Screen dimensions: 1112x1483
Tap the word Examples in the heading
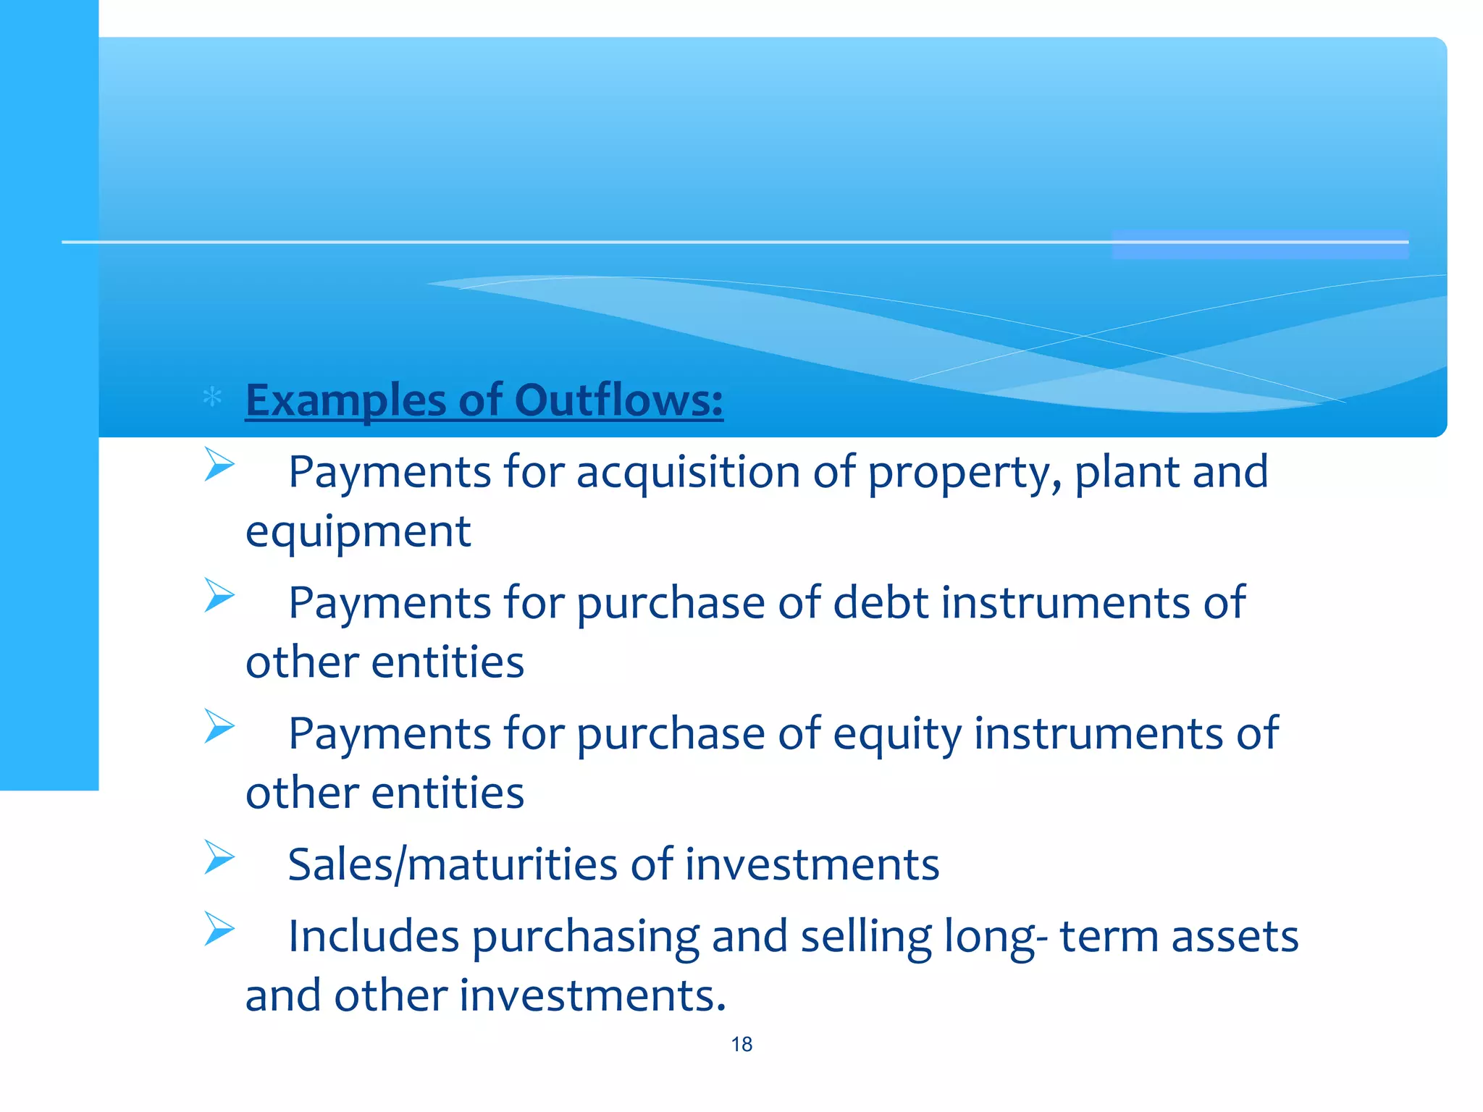(346, 401)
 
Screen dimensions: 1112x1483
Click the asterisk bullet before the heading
(212, 397)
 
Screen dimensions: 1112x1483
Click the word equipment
(358, 532)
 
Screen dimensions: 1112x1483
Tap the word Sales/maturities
(453, 865)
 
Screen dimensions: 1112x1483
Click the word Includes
(374, 936)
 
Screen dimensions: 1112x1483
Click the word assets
(1235, 936)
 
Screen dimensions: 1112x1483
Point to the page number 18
(741, 1044)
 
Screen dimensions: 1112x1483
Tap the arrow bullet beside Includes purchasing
(219, 929)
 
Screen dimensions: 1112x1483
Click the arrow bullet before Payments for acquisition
(219, 464)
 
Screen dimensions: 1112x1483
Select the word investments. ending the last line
(592, 995)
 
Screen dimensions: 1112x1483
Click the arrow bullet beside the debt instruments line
(219, 595)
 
